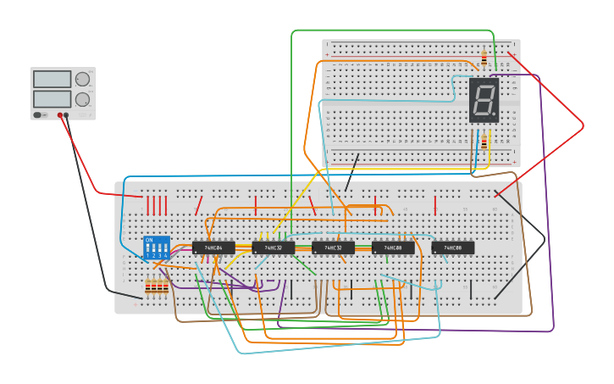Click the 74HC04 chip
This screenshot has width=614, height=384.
(213, 248)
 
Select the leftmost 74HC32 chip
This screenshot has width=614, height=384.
(273, 248)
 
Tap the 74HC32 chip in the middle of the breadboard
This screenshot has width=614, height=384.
(333, 248)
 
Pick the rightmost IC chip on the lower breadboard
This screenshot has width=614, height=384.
(452, 248)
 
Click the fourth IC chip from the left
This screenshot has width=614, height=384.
(393, 248)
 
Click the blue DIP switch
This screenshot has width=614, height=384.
(157, 248)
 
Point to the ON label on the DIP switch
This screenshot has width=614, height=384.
(149, 240)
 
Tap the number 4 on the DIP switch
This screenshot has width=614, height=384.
(165, 255)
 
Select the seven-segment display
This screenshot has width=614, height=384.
(484, 101)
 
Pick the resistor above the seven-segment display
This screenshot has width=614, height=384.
(484, 58)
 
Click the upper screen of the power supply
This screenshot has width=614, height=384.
(52, 80)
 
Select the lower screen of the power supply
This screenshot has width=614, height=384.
(52, 98)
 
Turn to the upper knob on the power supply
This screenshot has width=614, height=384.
(82, 80)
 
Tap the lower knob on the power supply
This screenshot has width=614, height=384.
(82, 98)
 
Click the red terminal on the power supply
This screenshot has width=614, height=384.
(60, 114)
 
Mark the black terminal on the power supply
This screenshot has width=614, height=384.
(68, 114)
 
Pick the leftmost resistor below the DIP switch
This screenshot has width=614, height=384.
(147, 287)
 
